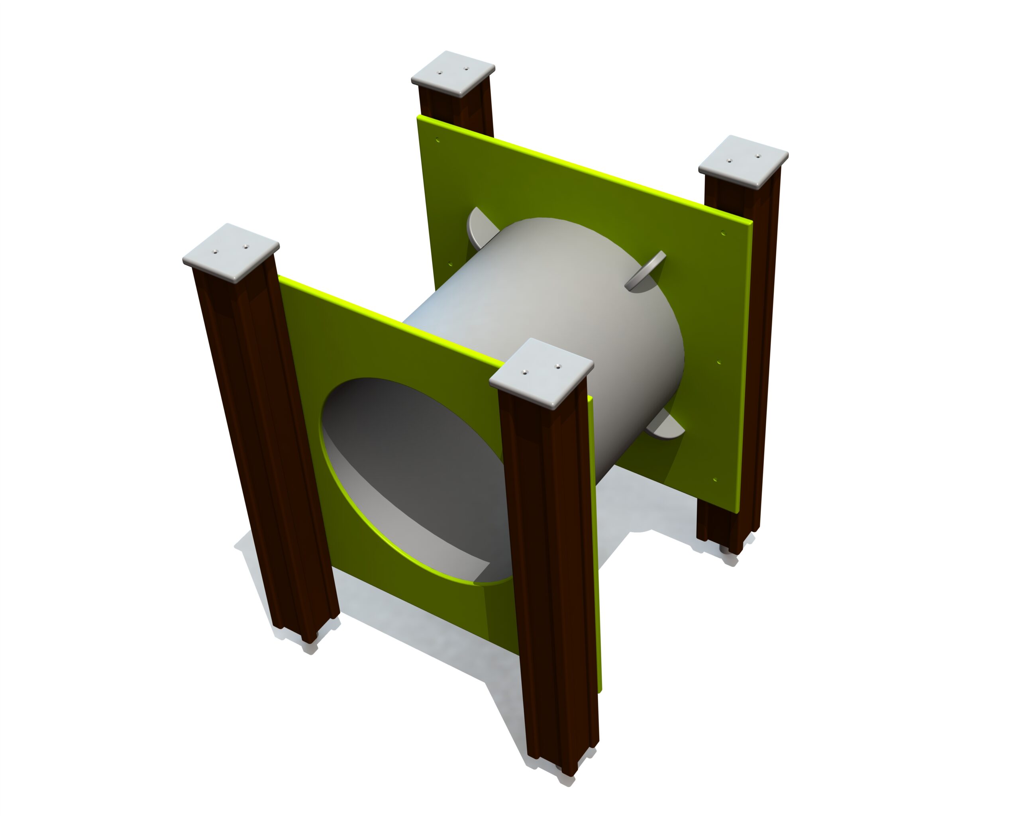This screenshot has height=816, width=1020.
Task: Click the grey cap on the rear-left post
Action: (x=453, y=75)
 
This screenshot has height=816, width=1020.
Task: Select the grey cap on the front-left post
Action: (x=230, y=251)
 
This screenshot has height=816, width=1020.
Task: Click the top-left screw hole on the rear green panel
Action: (x=437, y=140)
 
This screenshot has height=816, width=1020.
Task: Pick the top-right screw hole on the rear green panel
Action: (x=723, y=232)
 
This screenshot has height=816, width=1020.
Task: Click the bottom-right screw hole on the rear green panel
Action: (x=715, y=479)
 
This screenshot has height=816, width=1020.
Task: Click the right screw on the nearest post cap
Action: (x=558, y=366)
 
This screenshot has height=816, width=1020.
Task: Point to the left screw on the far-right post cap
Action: (x=729, y=161)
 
